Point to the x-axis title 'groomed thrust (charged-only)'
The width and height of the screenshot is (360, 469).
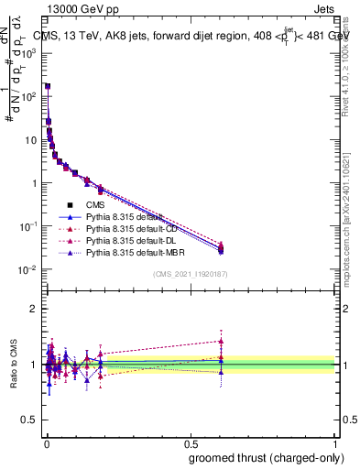(x=265, y=457)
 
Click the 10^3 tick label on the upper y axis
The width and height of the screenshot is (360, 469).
(x=27, y=53)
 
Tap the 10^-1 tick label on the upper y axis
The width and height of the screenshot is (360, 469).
(x=27, y=226)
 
